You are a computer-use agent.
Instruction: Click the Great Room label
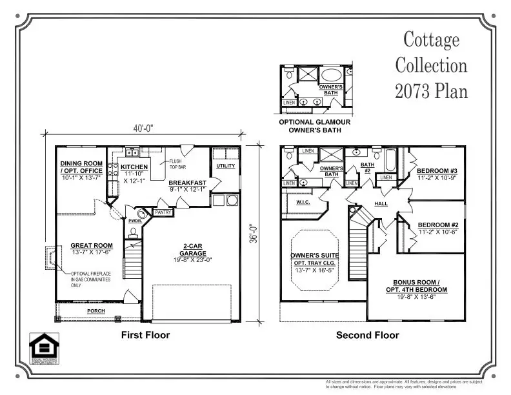coord(92,245)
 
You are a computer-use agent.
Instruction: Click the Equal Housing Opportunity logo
coord(44,349)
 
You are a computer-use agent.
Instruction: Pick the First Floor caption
coord(145,335)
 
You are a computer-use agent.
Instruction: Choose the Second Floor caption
coord(367,335)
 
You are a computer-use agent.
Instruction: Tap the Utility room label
coord(225,166)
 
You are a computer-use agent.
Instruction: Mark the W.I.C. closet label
coord(304,202)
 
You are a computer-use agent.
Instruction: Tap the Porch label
coord(96,311)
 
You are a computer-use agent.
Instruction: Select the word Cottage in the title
coord(432,40)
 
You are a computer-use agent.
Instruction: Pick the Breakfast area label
coord(187,183)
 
